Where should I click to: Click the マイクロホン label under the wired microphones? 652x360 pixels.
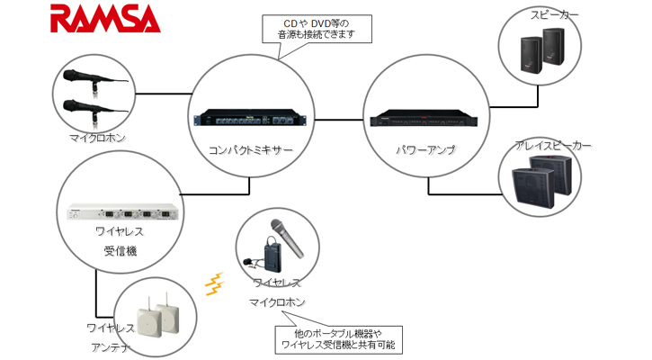pyautogui.click(x=96, y=139)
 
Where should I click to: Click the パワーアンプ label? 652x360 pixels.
pyautogui.click(x=424, y=148)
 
